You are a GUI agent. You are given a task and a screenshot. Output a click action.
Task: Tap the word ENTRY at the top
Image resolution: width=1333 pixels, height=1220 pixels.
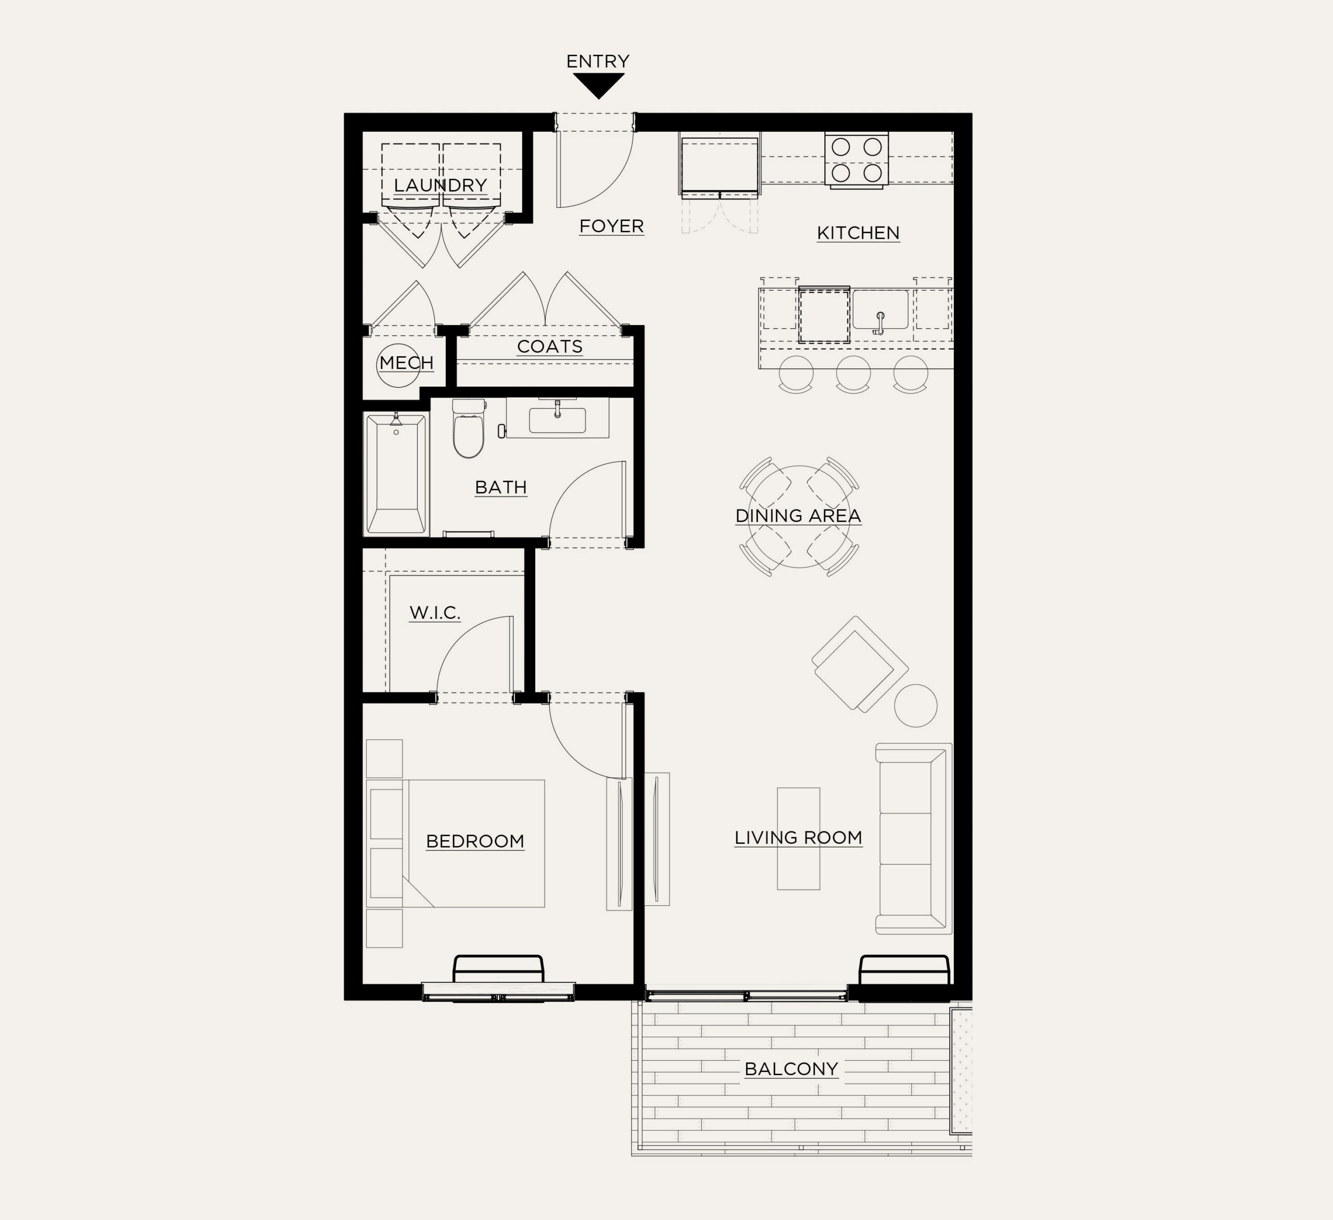tap(598, 61)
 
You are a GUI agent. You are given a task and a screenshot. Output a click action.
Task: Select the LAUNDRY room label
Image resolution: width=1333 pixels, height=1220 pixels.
tap(441, 185)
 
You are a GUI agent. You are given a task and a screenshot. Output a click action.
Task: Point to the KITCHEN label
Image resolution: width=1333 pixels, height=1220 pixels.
tap(858, 233)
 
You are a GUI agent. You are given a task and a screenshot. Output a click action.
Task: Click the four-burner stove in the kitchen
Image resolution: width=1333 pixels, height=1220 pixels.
tap(856, 159)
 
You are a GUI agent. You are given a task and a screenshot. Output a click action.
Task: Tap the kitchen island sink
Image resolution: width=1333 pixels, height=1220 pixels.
tap(880, 309)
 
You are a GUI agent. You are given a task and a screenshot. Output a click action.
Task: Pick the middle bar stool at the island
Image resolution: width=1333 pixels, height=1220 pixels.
tap(853, 374)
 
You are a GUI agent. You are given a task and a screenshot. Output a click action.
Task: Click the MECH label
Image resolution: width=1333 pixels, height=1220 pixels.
tap(407, 363)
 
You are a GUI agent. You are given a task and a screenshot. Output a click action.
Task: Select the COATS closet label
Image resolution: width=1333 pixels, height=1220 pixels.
tap(549, 347)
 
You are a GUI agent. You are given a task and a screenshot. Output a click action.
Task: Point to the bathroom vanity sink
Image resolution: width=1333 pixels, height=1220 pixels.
tap(557, 419)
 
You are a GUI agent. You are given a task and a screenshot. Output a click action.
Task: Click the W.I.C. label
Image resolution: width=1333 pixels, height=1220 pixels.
tap(434, 613)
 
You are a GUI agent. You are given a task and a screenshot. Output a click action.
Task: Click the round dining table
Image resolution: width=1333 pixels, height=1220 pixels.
tap(799, 517)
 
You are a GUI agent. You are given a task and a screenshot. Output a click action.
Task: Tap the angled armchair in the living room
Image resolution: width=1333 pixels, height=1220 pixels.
tap(860, 664)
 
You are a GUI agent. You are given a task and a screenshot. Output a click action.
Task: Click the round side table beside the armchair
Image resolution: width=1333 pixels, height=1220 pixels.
tap(916, 706)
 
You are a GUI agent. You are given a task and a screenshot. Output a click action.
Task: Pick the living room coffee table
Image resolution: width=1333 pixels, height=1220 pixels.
tap(798, 838)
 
